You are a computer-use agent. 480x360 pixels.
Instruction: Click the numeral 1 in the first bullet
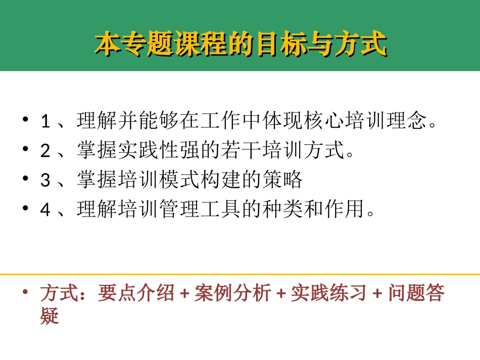click(x=45, y=122)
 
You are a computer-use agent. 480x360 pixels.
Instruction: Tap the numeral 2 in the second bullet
click(x=45, y=151)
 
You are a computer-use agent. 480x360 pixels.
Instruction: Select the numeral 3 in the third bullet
click(x=45, y=180)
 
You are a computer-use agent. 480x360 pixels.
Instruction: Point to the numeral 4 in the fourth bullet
click(x=45, y=210)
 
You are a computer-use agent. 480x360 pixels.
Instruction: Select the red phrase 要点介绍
click(x=136, y=293)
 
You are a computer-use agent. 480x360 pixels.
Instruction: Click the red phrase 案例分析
click(x=232, y=293)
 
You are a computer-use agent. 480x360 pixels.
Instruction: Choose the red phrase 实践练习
click(x=328, y=293)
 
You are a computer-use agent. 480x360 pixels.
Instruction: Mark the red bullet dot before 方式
click(x=26, y=292)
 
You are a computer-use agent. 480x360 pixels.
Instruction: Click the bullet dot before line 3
click(x=25, y=180)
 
